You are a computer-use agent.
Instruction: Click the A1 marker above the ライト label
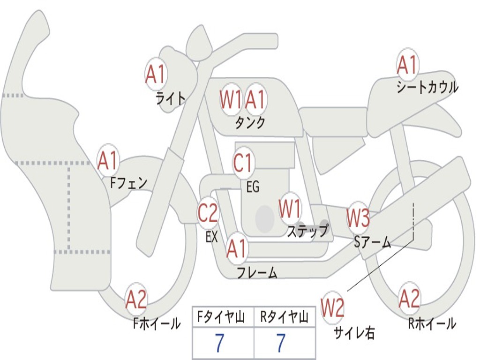(x=156, y=74)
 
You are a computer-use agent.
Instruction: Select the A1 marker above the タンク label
(x=256, y=99)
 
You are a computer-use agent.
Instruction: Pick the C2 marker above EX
(x=208, y=213)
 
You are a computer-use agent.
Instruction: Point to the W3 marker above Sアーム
(x=358, y=218)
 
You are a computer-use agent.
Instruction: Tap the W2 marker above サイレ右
(x=332, y=307)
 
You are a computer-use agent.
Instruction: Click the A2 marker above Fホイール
(x=136, y=300)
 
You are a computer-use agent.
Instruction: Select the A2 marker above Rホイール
(x=409, y=298)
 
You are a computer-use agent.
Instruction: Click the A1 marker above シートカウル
(x=407, y=65)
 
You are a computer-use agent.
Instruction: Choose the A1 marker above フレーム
(x=237, y=248)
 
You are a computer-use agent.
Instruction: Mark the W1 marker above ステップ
(x=290, y=209)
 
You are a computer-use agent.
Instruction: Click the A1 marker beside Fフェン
(x=108, y=161)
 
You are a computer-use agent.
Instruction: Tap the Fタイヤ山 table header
(x=223, y=317)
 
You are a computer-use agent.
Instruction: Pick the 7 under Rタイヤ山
(x=281, y=344)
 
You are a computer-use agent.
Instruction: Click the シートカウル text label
(x=427, y=88)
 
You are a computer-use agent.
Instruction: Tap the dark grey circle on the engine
(x=265, y=218)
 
